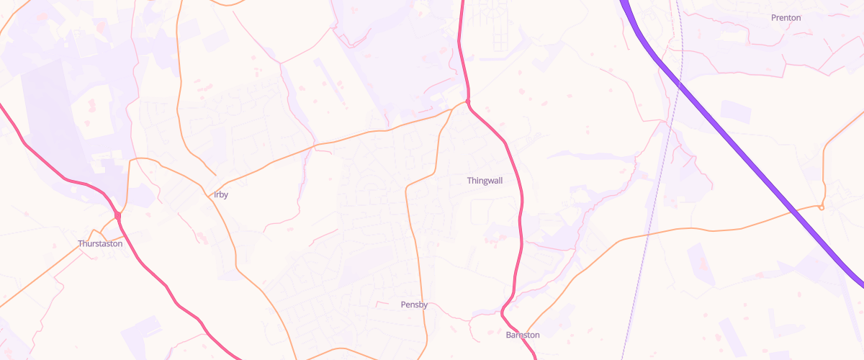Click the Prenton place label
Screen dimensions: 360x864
786,17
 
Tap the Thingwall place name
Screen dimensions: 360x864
485,180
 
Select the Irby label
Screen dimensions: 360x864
221,194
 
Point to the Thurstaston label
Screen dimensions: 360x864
100,243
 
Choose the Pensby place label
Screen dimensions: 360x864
414,305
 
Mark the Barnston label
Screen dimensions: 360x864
523,335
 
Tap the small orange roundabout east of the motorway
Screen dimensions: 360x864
821,207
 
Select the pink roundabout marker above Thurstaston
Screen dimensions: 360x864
117,215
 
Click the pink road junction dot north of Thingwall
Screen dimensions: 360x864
468,103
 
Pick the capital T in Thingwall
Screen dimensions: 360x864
469,180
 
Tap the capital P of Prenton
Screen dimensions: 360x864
773,17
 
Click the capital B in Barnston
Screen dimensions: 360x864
508,335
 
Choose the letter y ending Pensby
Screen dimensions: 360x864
426,305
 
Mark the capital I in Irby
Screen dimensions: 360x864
215,194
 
